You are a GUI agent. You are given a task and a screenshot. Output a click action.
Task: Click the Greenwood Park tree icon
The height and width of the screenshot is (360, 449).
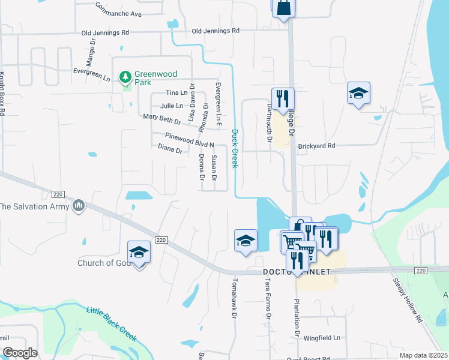tap(125, 77)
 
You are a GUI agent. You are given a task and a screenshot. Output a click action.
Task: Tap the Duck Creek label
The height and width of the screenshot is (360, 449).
tap(235, 148)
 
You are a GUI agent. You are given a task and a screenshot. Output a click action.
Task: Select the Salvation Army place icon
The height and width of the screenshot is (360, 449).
tap(78, 206)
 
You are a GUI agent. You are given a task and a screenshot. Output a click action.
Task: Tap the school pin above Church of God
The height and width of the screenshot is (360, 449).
tap(139, 253)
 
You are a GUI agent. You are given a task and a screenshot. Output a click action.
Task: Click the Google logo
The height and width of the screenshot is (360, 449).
tap(20, 353)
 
